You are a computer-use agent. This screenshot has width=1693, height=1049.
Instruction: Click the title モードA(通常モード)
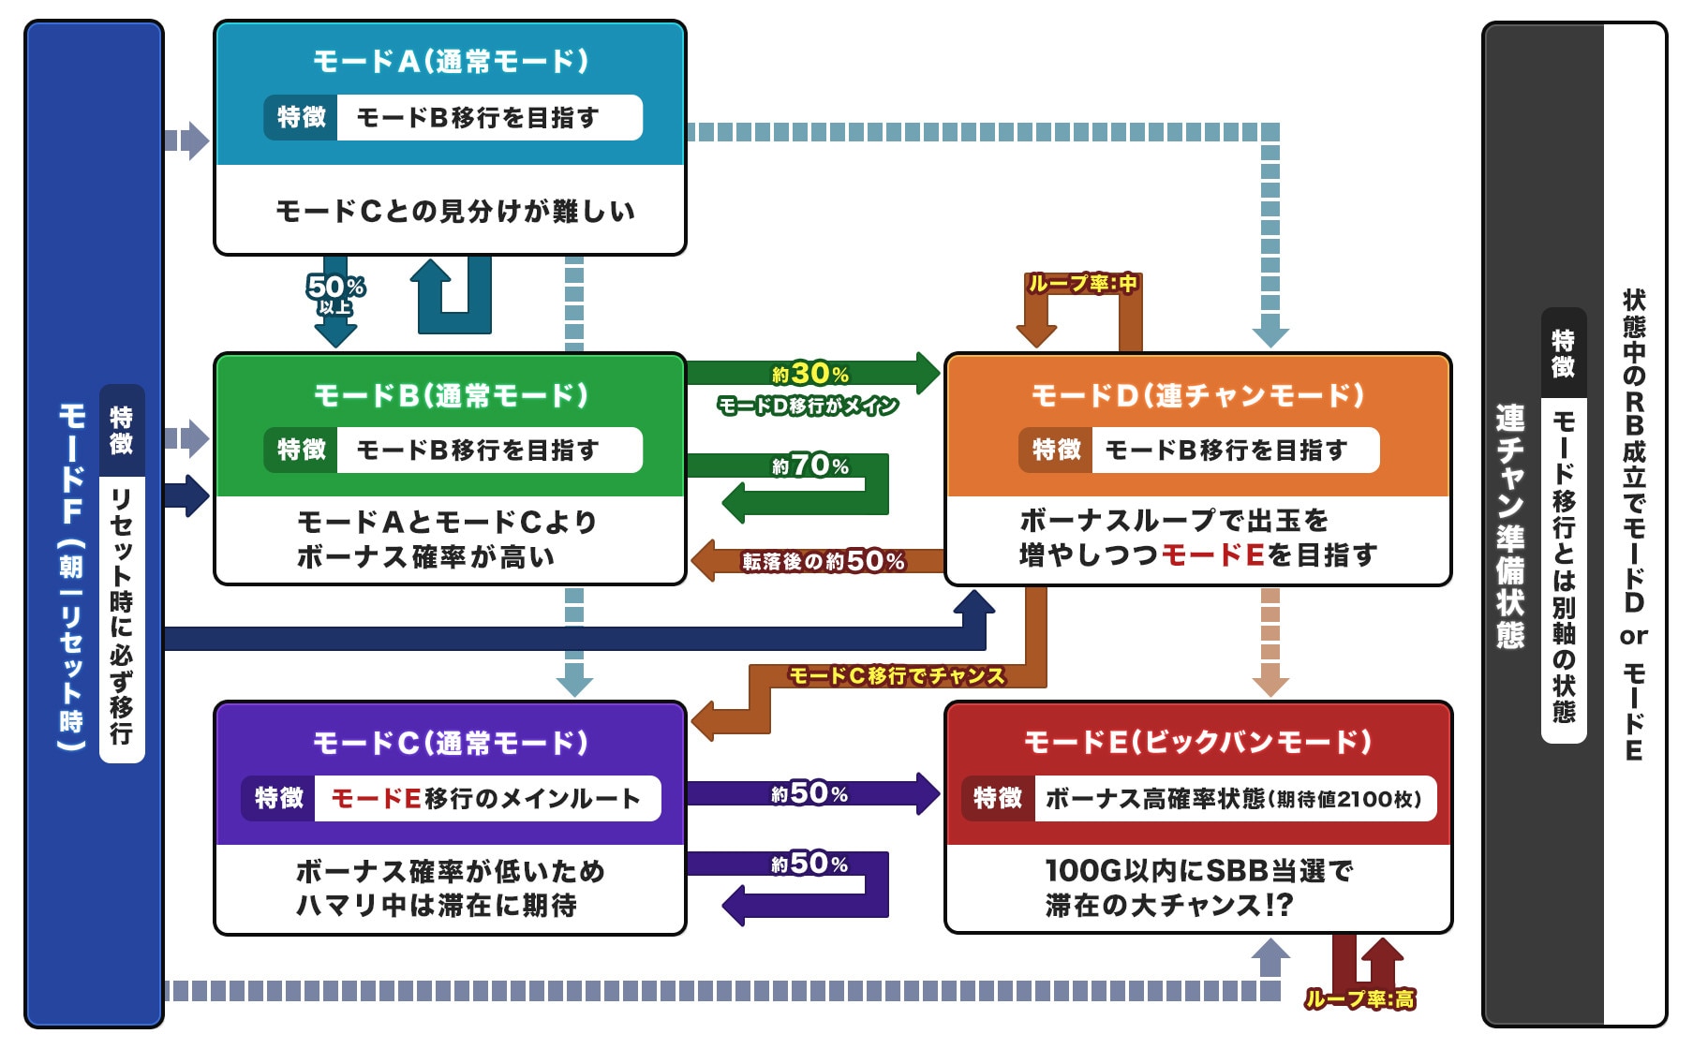(x=451, y=62)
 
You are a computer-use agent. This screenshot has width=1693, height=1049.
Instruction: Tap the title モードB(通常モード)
(x=451, y=395)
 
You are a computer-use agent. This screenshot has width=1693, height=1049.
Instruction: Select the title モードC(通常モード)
(x=451, y=744)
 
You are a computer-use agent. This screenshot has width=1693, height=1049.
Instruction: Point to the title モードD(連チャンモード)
(x=1197, y=395)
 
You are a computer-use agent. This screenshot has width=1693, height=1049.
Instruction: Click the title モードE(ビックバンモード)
(x=1197, y=743)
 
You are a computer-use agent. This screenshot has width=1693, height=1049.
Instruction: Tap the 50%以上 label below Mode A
(x=335, y=293)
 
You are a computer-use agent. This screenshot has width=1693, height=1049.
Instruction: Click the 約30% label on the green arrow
(x=810, y=374)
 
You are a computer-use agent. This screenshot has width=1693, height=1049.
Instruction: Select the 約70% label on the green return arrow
(x=810, y=465)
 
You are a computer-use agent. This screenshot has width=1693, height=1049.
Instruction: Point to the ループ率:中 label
(x=1082, y=283)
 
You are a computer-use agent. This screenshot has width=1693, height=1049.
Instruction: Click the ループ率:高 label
(x=1359, y=999)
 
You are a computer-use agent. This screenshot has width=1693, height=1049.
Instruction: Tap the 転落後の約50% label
(x=824, y=561)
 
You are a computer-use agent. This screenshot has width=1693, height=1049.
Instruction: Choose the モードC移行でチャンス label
(x=897, y=675)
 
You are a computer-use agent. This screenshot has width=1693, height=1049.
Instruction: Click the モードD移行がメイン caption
(x=808, y=406)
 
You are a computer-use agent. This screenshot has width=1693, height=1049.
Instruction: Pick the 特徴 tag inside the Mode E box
(x=997, y=798)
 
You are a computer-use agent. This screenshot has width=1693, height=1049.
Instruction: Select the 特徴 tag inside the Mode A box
(x=301, y=117)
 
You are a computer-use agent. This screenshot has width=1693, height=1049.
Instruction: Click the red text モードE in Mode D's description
(x=1213, y=555)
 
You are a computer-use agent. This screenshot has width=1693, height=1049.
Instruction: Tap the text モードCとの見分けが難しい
(x=455, y=212)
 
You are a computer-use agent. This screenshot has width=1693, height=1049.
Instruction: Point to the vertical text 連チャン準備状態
(x=1509, y=525)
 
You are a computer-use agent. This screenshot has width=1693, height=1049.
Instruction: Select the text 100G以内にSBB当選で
(x=1198, y=871)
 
